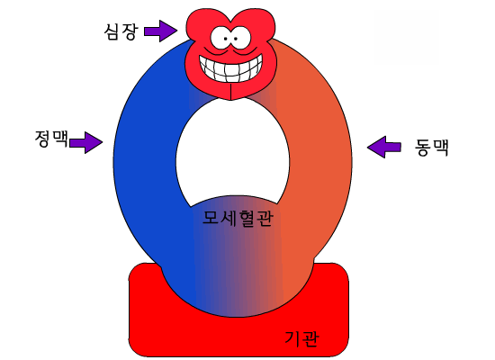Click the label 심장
pyautogui.click(x=121, y=31)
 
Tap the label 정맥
pyautogui.click(x=51, y=139)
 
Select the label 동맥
pyautogui.click(x=431, y=147)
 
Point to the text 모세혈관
pyautogui.click(x=238, y=218)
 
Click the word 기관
pyautogui.click(x=301, y=338)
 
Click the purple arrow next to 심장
pyautogui.click(x=160, y=31)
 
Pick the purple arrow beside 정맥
pyautogui.click(x=85, y=142)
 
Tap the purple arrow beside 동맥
pyautogui.click(x=384, y=147)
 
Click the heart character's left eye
pyautogui.click(x=221, y=38)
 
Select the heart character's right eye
pyautogui.click(x=240, y=37)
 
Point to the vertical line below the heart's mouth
pyautogui.click(x=230, y=91)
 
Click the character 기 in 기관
pyautogui.click(x=292, y=338)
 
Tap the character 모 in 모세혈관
pyautogui.click(x=211, y=218)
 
